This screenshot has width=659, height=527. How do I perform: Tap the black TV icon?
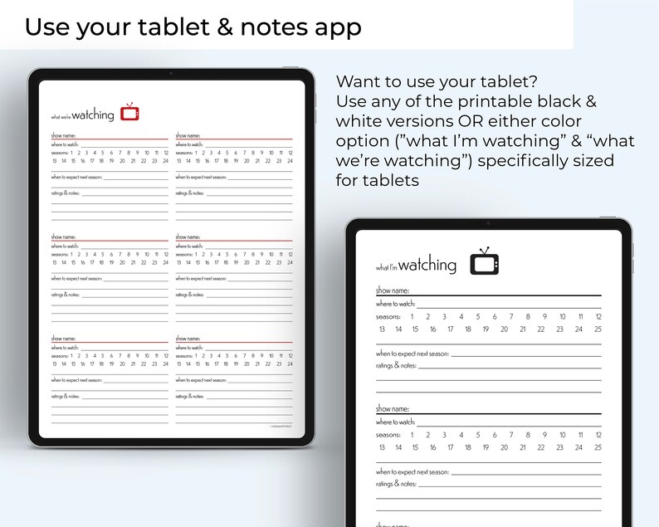tap(484, 261)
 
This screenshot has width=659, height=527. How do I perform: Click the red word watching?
tap(99, 116)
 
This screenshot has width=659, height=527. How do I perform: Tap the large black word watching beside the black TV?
tap(427, 266)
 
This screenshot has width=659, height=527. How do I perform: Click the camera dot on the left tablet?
tap(171, 74)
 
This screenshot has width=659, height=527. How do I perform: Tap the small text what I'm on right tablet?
tap(386, 268)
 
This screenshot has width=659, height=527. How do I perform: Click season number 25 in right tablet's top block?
tap(598, 329)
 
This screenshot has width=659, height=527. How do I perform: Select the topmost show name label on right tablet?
tap(392, 290)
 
